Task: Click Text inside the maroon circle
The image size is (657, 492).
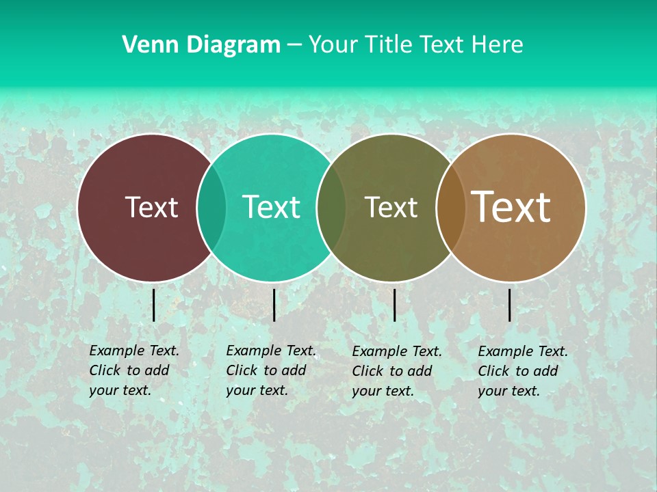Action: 151,207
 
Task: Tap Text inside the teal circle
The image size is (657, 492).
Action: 271,207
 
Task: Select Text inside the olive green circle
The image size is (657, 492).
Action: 391,208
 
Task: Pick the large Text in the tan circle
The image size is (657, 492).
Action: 511,206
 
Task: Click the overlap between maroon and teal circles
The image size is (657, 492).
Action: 211,208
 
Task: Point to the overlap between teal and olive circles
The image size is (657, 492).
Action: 331,208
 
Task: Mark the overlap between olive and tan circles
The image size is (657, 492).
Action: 450,208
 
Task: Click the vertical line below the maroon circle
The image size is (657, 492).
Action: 154,305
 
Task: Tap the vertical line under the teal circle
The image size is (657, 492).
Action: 274,305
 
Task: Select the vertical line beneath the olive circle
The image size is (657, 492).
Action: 395,305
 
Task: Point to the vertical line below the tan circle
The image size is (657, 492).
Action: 510,305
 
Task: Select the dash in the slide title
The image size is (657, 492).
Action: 294,45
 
